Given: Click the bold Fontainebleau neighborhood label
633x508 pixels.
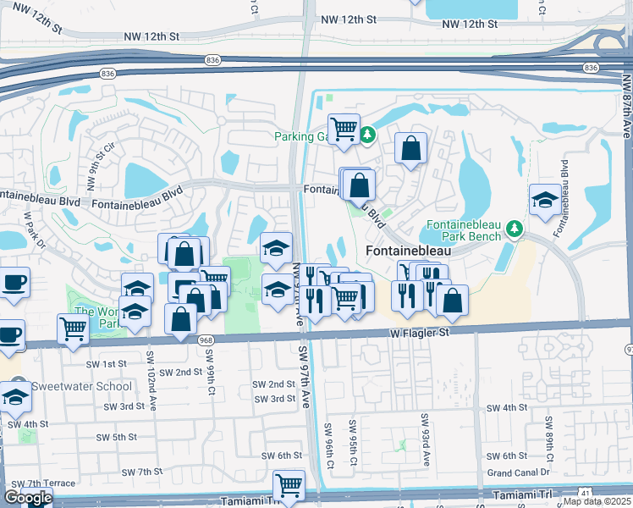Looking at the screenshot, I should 407,251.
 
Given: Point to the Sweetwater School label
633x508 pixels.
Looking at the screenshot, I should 81,387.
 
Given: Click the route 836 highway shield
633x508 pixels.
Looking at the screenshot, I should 212,59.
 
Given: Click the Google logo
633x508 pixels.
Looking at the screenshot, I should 28,498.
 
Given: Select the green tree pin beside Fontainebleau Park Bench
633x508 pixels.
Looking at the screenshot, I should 514,229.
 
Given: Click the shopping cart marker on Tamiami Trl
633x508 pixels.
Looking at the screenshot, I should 289,486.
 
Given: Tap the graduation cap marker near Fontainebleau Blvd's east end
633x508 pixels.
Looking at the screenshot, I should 544,200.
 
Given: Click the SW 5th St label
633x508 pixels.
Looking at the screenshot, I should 117,437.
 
